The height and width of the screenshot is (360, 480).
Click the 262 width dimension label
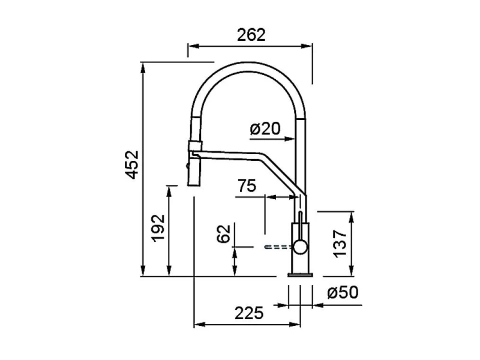click(251, 35)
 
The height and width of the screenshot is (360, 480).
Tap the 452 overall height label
click(133, 164)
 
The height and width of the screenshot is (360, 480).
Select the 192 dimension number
click(158, 228)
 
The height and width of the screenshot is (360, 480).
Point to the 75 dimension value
click(247, 186)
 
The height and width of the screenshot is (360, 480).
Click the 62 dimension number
click(223, 234)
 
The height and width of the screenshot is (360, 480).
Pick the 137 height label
click(340, 244)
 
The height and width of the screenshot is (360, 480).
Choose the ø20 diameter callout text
click(265, 128)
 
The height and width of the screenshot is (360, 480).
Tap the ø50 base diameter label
click(343, 292)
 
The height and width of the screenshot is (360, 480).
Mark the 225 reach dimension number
click(249, 313)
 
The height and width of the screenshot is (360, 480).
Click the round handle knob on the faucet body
click(300, 247)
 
